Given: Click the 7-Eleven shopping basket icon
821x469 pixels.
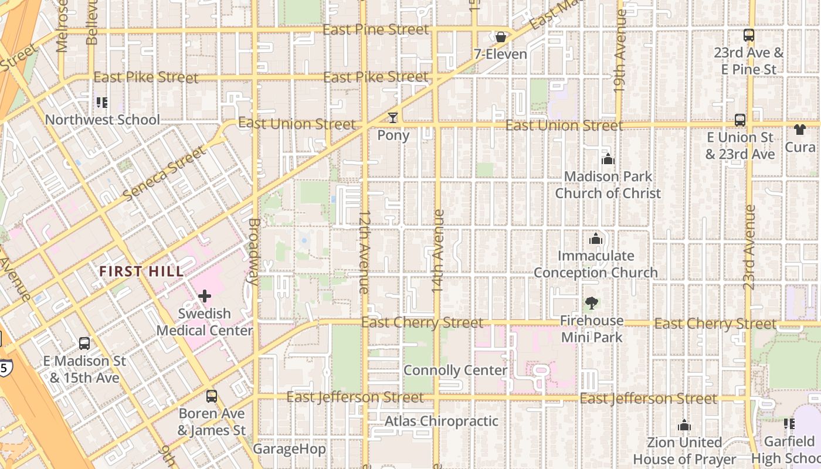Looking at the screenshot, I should click(x=501, y=38).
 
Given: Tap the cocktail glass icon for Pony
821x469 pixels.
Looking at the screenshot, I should click(x=392, y=118).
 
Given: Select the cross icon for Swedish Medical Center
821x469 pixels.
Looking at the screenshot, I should click(x=204, y=296).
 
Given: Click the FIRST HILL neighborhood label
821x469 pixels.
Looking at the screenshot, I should click(x=141, y=271).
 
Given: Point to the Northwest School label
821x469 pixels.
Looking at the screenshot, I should click(x=103, y=120).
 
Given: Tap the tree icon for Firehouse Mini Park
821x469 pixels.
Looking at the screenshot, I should click(x=591, y=303).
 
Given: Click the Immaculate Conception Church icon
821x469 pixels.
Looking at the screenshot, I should click(x=596, y=239).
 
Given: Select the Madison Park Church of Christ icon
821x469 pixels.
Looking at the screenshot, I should click(x=608, y=159).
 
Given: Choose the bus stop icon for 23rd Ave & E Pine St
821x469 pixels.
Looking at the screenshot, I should click(x=748, y=35).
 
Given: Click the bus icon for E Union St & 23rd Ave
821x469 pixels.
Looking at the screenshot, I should click(x=739, y=120).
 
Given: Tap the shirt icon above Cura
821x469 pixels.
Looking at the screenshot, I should click(x=800, y=130).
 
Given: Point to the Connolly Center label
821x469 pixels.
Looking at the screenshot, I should click(x=455, y=371).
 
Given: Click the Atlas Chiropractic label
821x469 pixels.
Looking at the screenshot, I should click(x=441, y=421).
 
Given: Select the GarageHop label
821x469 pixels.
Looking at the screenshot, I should click(x=289, y=449).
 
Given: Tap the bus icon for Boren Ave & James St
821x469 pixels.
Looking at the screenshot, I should click(x=211, y=396).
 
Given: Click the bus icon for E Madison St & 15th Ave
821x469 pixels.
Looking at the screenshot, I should click(x=84, y=344).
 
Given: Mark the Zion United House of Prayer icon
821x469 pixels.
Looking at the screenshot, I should click(x=684, y=425).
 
